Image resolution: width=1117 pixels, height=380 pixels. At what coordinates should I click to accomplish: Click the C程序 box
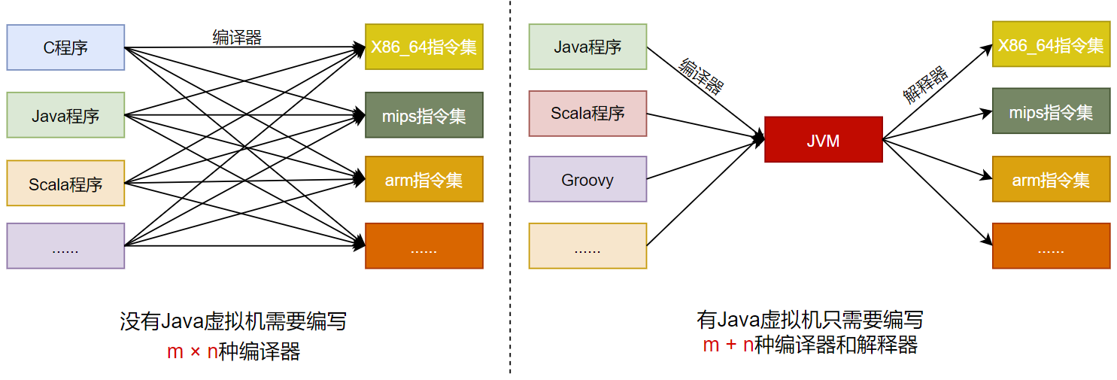(65, 47)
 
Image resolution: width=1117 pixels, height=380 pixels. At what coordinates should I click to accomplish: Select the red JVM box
(823, 140)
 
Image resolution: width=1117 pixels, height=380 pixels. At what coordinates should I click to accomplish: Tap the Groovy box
(587, 180)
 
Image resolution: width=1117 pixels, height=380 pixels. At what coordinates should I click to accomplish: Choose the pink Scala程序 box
(587, 114)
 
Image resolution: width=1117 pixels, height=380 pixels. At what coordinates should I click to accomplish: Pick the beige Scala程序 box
(65, 183)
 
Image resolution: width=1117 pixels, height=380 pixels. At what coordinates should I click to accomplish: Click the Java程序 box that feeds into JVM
(587, 47)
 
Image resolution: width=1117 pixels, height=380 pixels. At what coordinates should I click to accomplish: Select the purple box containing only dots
(65, 246)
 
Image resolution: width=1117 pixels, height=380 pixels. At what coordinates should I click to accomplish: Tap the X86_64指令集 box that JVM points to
(1051, 44)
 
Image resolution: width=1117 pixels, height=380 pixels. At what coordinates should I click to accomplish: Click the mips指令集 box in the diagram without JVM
(423, 115)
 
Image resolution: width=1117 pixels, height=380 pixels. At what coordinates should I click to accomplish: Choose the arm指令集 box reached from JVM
(1051, 180)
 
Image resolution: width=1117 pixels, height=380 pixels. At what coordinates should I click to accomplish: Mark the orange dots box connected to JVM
(1051, 246)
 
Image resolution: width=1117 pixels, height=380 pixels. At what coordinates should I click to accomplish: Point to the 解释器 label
(925, 85)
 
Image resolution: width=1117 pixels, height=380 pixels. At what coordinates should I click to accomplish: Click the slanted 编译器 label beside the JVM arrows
(701, 76)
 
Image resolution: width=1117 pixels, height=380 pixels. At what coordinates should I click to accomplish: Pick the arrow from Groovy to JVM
(703, 160)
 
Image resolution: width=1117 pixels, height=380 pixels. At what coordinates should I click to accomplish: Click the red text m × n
(192, 351)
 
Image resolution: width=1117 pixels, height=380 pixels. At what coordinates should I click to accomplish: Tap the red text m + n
(728, 345)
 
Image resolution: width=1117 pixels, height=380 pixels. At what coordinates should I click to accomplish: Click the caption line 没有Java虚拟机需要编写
(233, 322)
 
